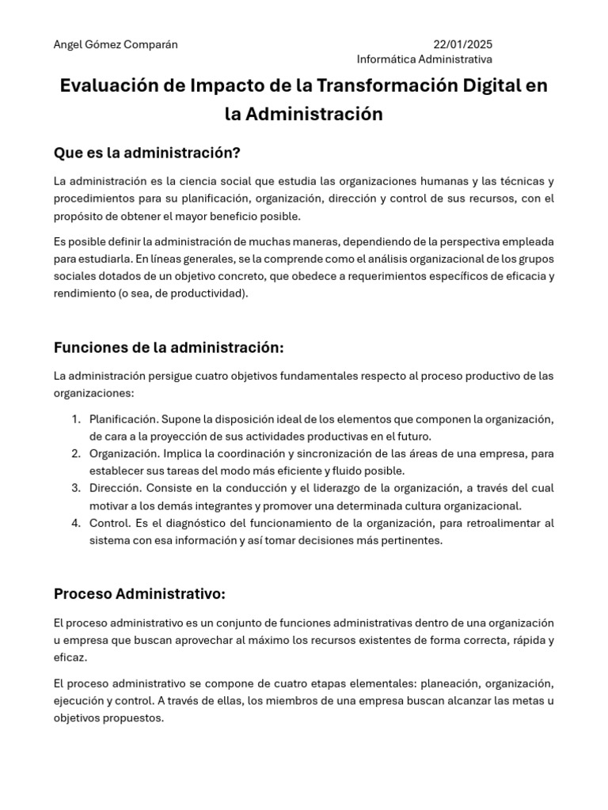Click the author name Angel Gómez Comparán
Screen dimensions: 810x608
pos(116,44)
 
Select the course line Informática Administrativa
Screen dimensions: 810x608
pos(424,59)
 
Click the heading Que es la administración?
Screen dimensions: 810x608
pos(146,152)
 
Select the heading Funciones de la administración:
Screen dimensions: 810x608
pos(169,348)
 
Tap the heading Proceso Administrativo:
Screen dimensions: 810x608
pos(140,593)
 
